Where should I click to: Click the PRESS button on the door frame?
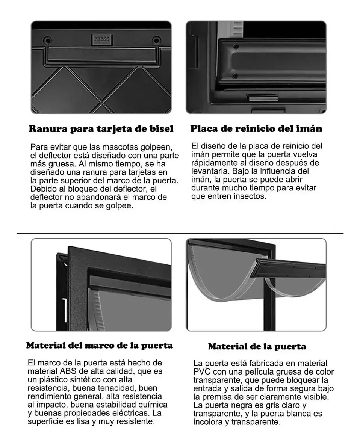click(x=101, y=39)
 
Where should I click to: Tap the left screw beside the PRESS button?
click(x=47, y=39)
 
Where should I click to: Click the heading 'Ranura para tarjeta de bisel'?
click(x=101, y=129)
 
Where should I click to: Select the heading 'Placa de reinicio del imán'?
click(x=256, y=128)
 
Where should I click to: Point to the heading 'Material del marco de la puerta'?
click(x=100, y=346)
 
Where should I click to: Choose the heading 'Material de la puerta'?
click(x=257, y=347)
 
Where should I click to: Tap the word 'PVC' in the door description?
click(x=202, y=372)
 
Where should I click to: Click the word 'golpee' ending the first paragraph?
click(x=120, y=206)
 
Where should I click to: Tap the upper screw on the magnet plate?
click(x=236, y=46)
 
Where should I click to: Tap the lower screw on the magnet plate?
click(x=235, y=76)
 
